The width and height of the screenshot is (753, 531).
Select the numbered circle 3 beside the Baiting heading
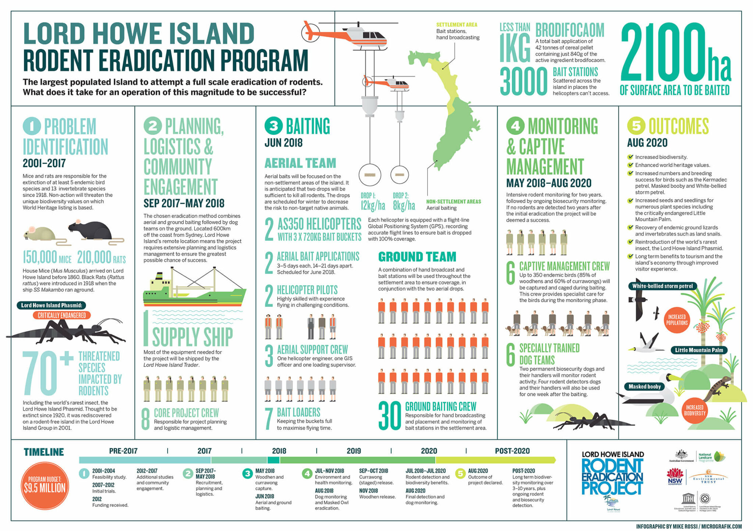[273, 126]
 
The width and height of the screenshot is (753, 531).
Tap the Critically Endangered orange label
[62, 315]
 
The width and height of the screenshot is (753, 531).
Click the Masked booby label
[645, 386]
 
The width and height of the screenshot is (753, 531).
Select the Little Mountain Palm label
[699, 350]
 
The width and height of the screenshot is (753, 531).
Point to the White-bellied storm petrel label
[662, 286]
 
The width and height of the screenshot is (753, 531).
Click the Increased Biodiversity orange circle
[695, 410]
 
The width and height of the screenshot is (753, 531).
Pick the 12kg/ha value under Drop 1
[372, 205]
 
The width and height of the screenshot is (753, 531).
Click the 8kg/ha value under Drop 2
[404, 205]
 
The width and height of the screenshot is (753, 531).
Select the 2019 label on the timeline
[353, 451]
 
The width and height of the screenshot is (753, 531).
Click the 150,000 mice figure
[47, 258]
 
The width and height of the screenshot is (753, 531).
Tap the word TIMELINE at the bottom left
[44, 452]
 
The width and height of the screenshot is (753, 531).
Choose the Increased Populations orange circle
[677, 320]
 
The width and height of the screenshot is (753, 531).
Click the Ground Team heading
[417, 256]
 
